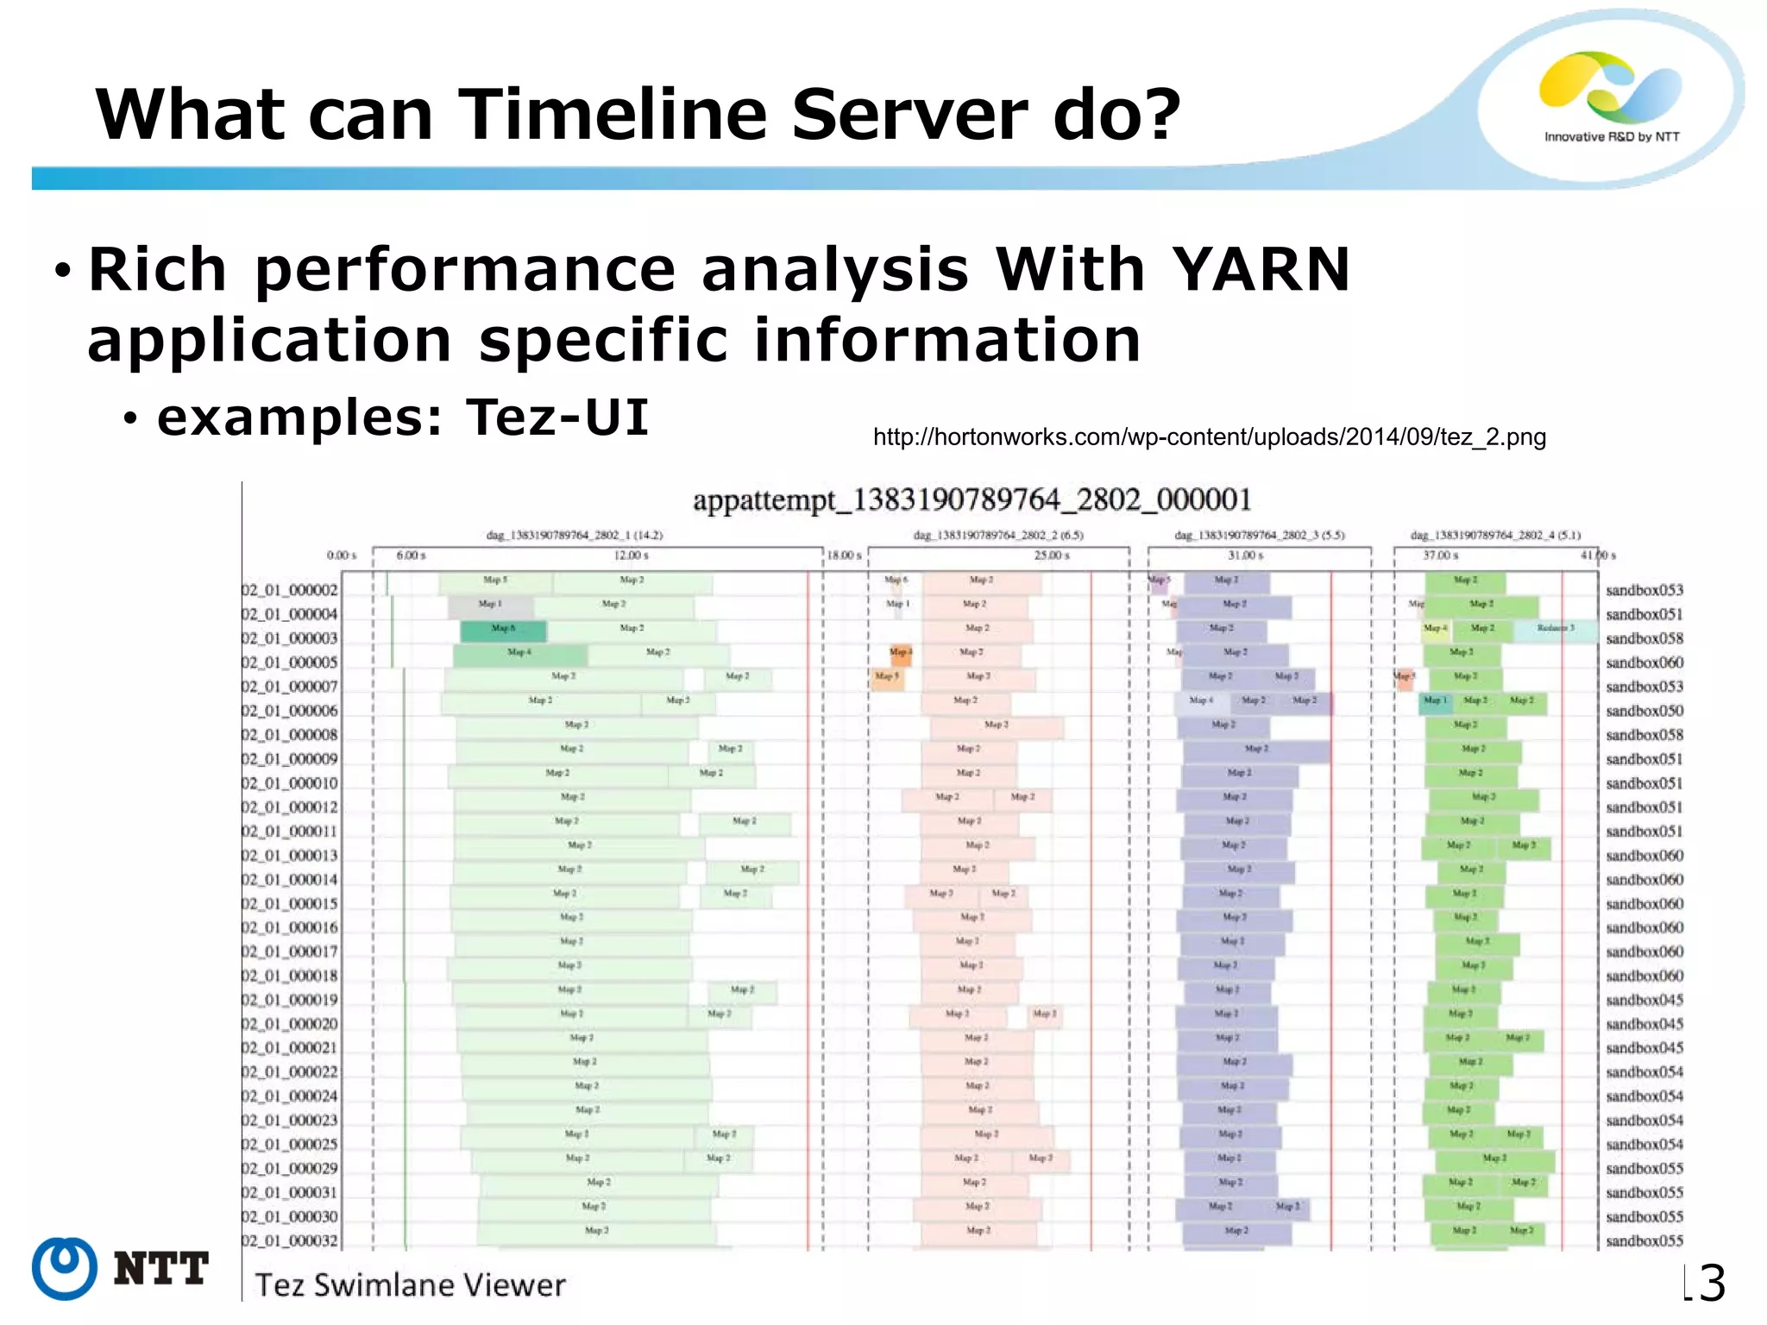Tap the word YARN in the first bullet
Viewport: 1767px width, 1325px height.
pyautogui.click(x=1261, y=270)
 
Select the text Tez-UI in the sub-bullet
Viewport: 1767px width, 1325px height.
pyautogui.click(x=557, y=418)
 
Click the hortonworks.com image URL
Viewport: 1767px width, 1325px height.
pyautogui.click(x=1209, y=437)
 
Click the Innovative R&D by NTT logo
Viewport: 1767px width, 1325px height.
pyautogui.click(x=1611, y=97)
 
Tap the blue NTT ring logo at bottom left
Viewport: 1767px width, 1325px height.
pyautogui.click(x=64, y=1268)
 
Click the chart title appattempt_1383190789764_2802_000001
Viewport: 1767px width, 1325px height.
pyautogui.click(x=972, y=499)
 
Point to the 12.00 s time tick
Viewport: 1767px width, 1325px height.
pyautogui.click(x=631, y=555)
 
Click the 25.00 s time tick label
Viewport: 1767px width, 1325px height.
pyautogui.click(x=1052, y=555)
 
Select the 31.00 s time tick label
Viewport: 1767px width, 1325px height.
pyautogui.click(x=1246, y=555)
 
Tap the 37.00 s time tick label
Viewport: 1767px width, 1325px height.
pyautogui.click(x=1440, y=555)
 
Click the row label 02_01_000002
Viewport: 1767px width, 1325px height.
pyautogui.click(x=290, y=591)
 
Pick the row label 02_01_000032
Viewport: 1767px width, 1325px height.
pyautogui.click(x=290, y=1241)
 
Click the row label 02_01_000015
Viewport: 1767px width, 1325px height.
pyautogui.click(x=290, y=904)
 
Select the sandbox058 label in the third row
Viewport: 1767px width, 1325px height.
pyautogui.click(x=1644, y=638)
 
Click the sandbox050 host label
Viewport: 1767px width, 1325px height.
pyautogui.click(x=1644, y=711)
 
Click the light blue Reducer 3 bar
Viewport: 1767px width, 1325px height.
pyautogui.click(x=1555, y=630)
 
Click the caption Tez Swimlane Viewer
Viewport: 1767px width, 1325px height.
pyautogui.click(x=410, y=1285)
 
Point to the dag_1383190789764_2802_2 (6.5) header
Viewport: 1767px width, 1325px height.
pyautogui.click(x=998, y=535)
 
